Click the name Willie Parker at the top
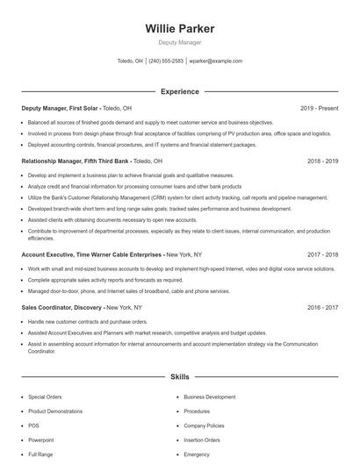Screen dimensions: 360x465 [x=179, y=28]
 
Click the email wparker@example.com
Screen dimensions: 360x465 [x=215, y=61]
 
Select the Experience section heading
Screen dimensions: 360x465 [x=179, y=91]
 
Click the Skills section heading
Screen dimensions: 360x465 [x=179, y=376]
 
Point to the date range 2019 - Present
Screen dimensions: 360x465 [x=319, y=108]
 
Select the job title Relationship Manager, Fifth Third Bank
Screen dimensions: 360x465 [x=73, y=161]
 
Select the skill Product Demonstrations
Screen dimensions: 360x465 [x=55, y=411]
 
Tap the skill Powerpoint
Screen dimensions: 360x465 [x=41, y=440]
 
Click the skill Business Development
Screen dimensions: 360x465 [x=209, y=397]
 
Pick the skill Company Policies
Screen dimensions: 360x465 [x=205, y=426]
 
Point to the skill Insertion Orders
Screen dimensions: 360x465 [x=203, y=440]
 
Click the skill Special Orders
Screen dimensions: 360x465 [x=45, y=397]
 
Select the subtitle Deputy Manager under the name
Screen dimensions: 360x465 [x=179, y=42]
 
